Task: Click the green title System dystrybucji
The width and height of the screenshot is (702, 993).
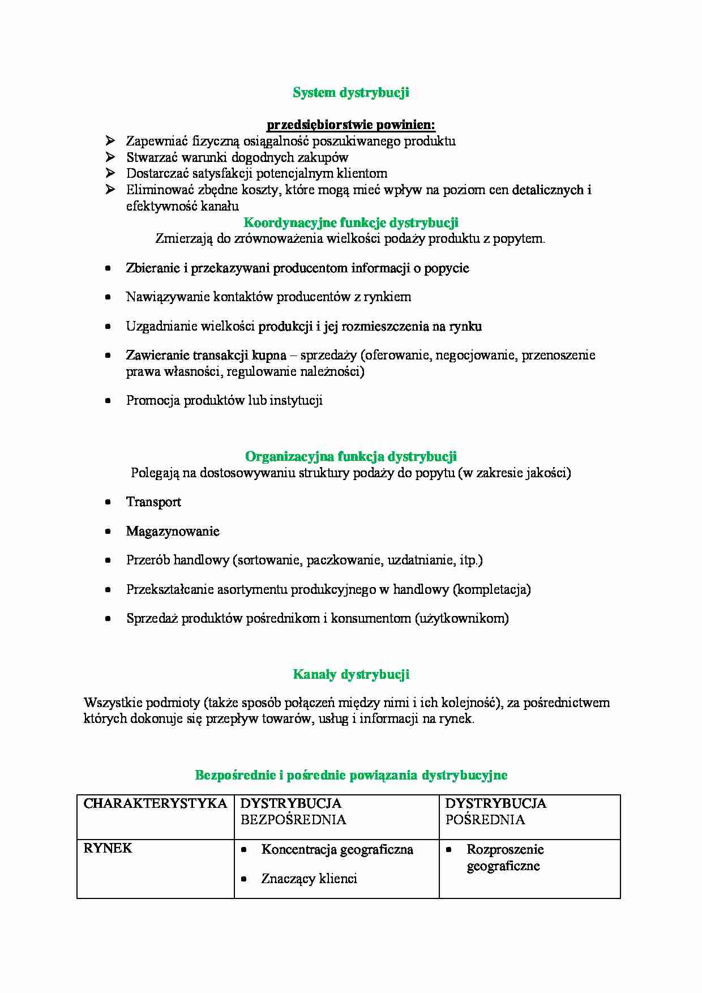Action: click(x=350, y=93)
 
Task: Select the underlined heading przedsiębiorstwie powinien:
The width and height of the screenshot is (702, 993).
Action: click(x=350, y=125)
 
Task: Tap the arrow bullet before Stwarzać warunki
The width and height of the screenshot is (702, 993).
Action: click(x=110, y=157)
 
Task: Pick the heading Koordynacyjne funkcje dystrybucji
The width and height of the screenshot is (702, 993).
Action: click(x=350, y=222)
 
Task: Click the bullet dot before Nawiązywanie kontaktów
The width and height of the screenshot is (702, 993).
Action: click(x=108, y=297)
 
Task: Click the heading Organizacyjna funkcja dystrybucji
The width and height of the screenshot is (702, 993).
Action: click(x=350, y=456)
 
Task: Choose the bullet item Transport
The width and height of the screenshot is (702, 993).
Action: click(x=153, y=502)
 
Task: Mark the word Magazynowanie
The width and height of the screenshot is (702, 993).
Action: click(x=173, y=532)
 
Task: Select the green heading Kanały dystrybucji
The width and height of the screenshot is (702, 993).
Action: click(x=350, y=674)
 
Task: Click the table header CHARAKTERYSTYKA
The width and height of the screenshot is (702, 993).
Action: click(x=155, y=803)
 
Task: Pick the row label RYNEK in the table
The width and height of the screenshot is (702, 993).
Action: click(x=108, y=848)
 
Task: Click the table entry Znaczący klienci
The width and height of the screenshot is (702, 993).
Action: click(x=309, y=879)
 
